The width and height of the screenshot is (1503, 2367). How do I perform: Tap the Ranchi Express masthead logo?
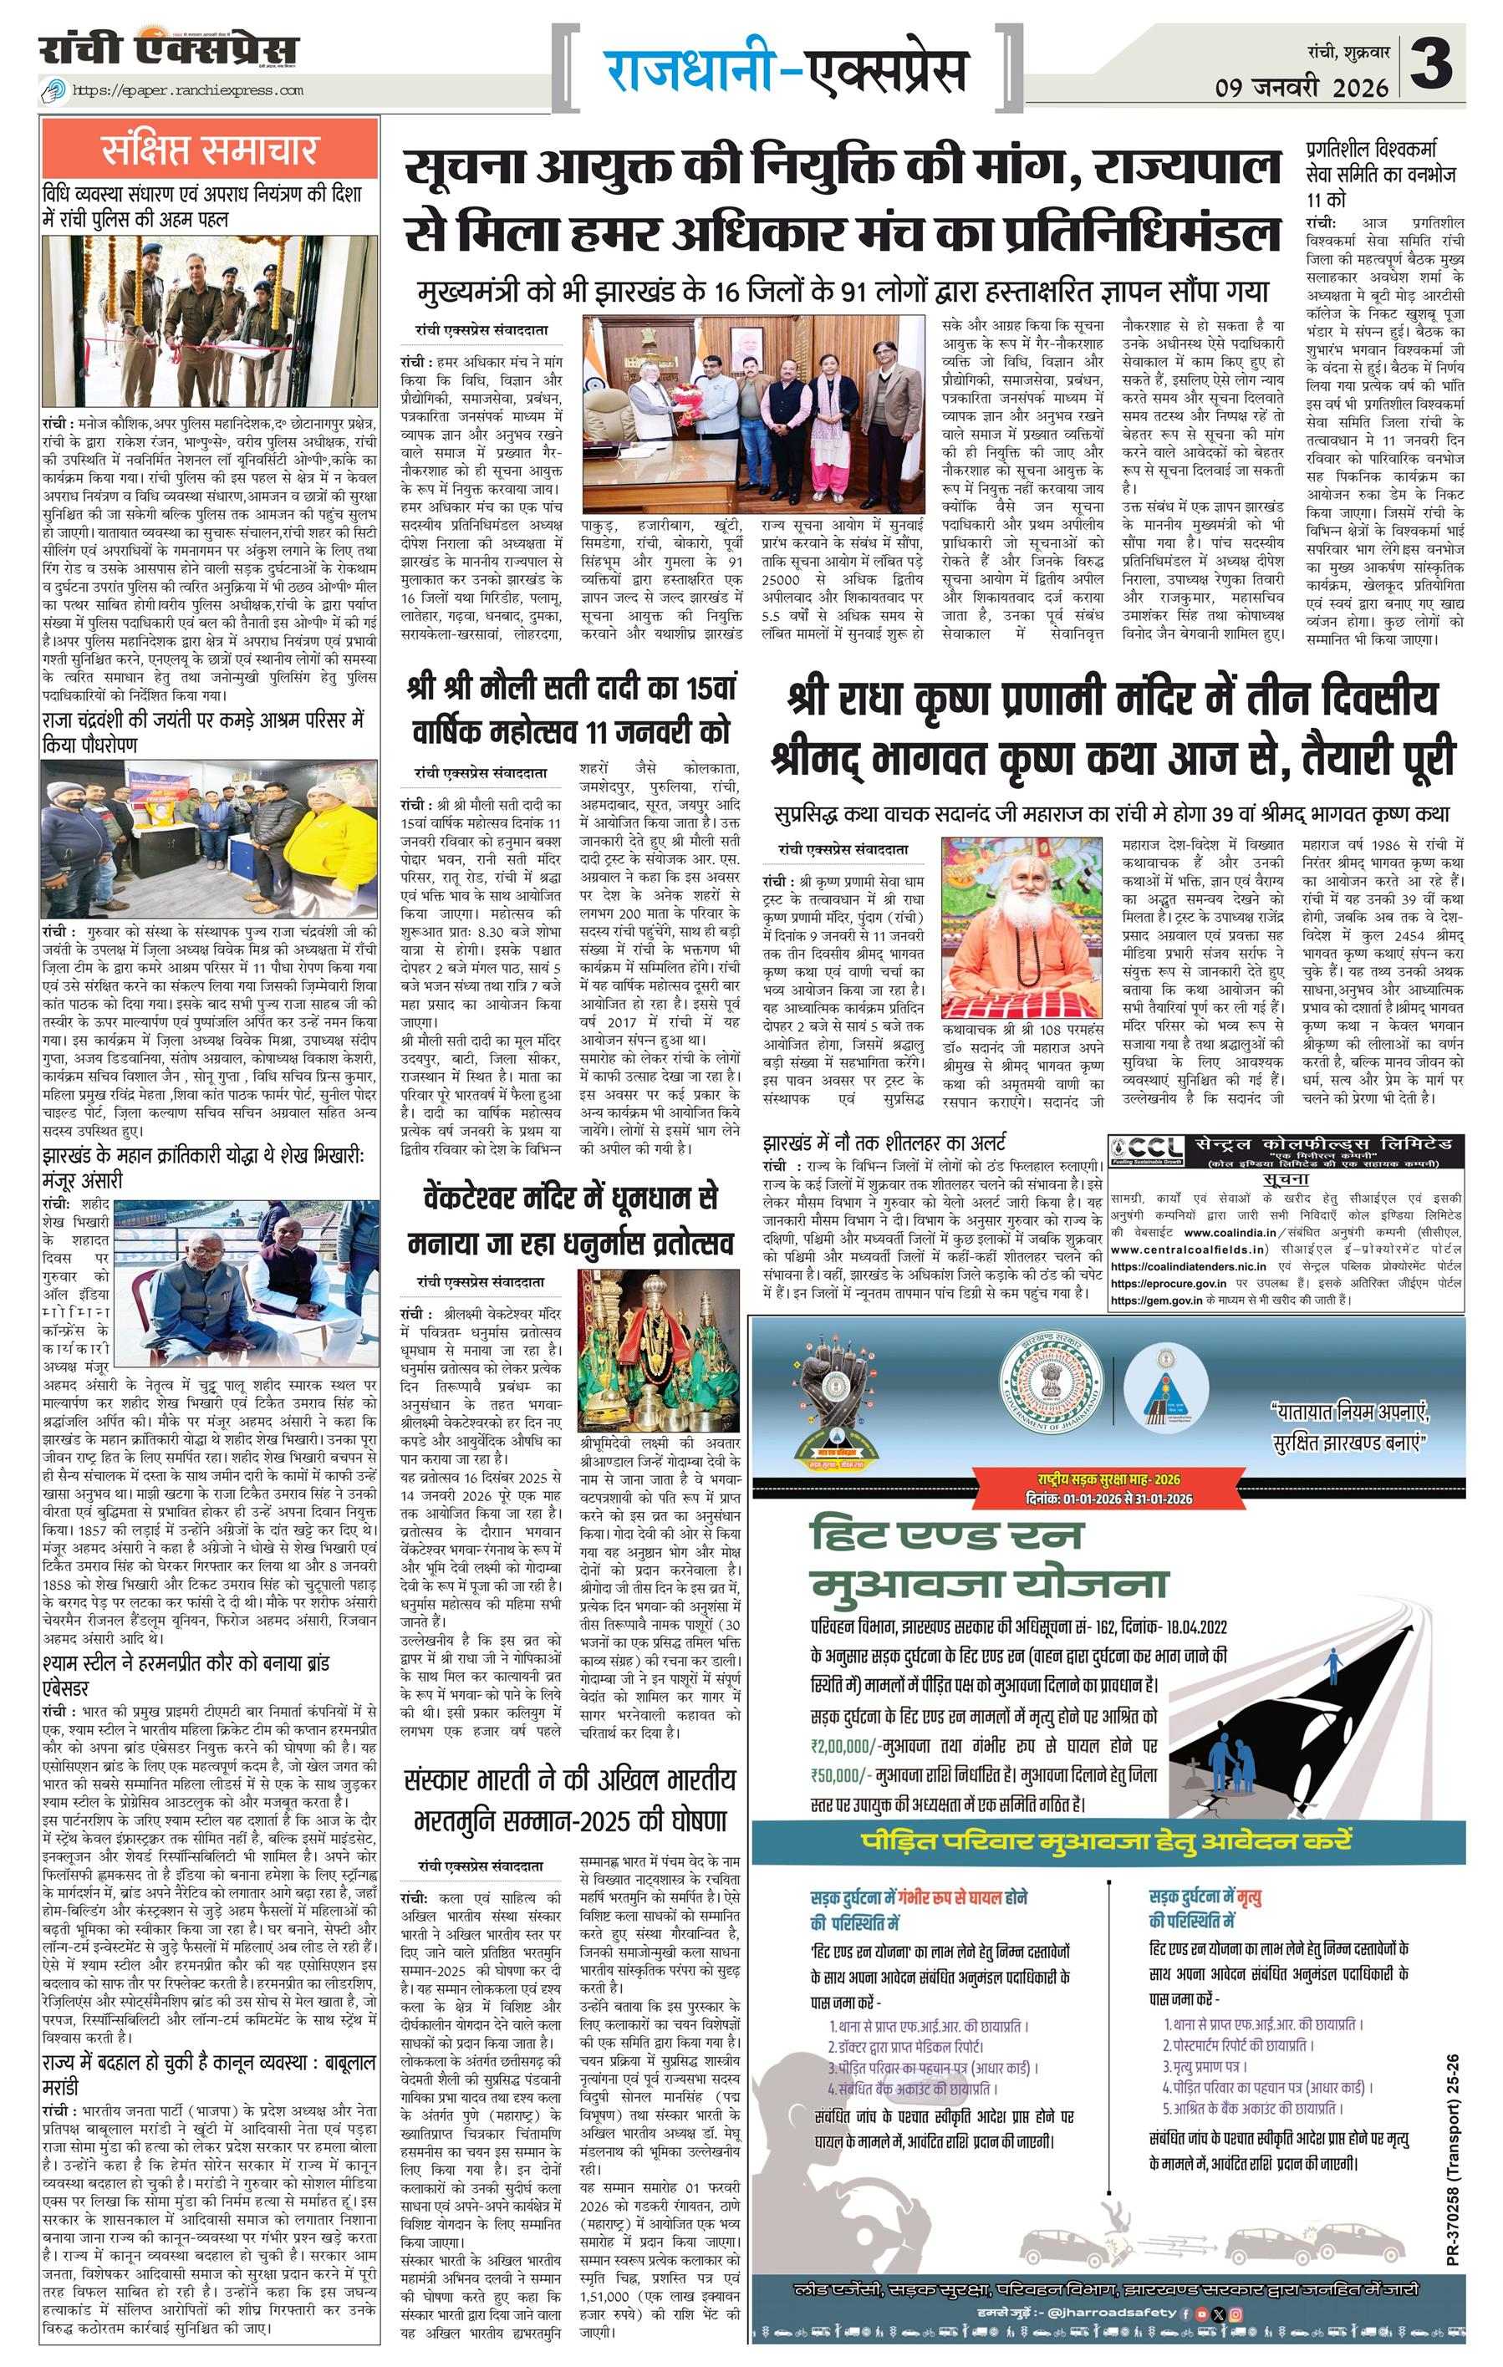pyautogui.click(x=169, y=50)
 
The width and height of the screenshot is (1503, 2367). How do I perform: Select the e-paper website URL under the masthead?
pyautogui.click(x=188, y=90)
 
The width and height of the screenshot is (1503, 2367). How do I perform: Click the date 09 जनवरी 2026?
pyautogui.click(x=1302, y=88)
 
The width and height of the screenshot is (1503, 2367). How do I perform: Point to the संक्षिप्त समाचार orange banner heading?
pyautogui.click(x=209, y=150)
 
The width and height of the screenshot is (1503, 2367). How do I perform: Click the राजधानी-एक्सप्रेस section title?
pyautogui.click(x=786, y=71)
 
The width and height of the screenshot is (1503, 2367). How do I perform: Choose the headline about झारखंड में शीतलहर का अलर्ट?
pyautogui.click(x=884, y=1143)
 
